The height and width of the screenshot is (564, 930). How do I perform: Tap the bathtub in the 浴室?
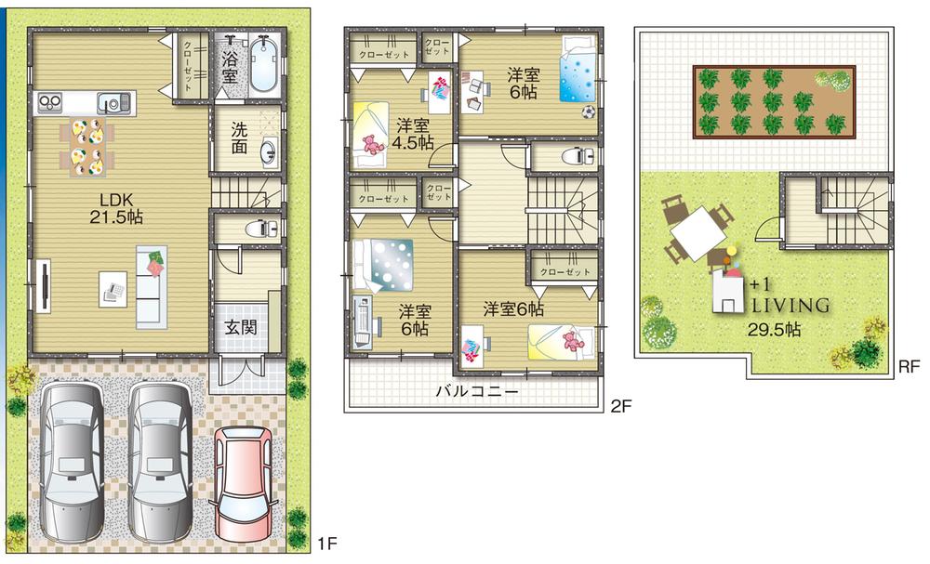tap(265, 64)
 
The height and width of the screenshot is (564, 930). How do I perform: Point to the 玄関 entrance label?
tap(240, 328)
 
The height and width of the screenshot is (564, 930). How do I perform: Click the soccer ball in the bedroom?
tap(589, 111)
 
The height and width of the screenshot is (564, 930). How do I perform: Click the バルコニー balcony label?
tap(477, 391)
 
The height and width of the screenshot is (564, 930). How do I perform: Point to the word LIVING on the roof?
tap(777, 305)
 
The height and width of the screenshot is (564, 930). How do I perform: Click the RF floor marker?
tap(909, 367)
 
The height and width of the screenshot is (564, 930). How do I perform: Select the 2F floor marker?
tap(621, 406)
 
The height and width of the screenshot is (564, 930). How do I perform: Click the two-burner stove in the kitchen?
tap(48, 103)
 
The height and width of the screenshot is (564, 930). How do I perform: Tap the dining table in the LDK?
tap(86, 145)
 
